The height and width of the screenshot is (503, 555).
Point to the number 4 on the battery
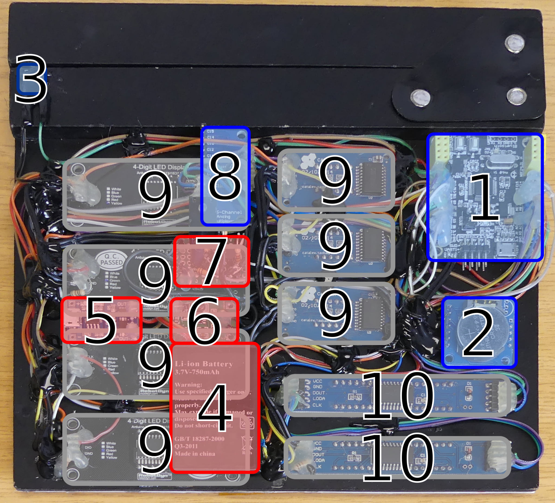click(215, 407)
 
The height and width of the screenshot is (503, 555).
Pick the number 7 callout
click(212, 261)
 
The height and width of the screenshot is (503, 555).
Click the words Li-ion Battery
click(204, 364)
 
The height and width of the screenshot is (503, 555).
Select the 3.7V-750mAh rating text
click(197, 372)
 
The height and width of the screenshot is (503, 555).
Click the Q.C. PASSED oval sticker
click(111, 259)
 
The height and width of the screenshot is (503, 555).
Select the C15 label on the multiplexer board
click(210, 131)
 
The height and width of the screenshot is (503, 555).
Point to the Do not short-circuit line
click(204, 426)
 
